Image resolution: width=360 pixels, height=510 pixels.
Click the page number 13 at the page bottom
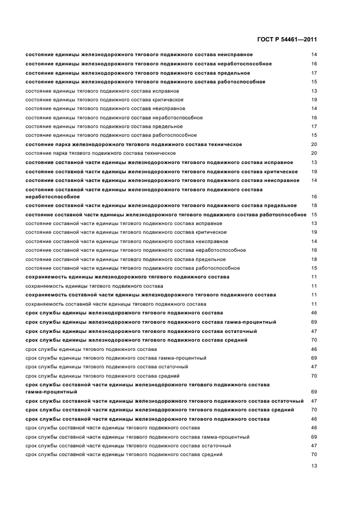(314, 466)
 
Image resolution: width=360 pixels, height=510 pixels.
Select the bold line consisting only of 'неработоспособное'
(53, 197)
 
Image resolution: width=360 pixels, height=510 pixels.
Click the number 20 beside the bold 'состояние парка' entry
(314, 144)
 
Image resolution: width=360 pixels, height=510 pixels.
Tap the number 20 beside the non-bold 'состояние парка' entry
(314, 153)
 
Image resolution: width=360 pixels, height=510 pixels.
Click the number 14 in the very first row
(314, 55)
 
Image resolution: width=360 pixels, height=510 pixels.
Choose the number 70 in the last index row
(314, 454)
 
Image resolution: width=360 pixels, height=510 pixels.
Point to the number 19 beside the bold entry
(314, 171)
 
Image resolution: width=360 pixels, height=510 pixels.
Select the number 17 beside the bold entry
(314, 73)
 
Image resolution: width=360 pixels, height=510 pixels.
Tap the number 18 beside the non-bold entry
(314, 259)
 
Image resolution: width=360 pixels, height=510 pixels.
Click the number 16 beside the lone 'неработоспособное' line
(314, 197)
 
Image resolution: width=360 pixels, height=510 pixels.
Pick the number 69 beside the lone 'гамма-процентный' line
(314, 392)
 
